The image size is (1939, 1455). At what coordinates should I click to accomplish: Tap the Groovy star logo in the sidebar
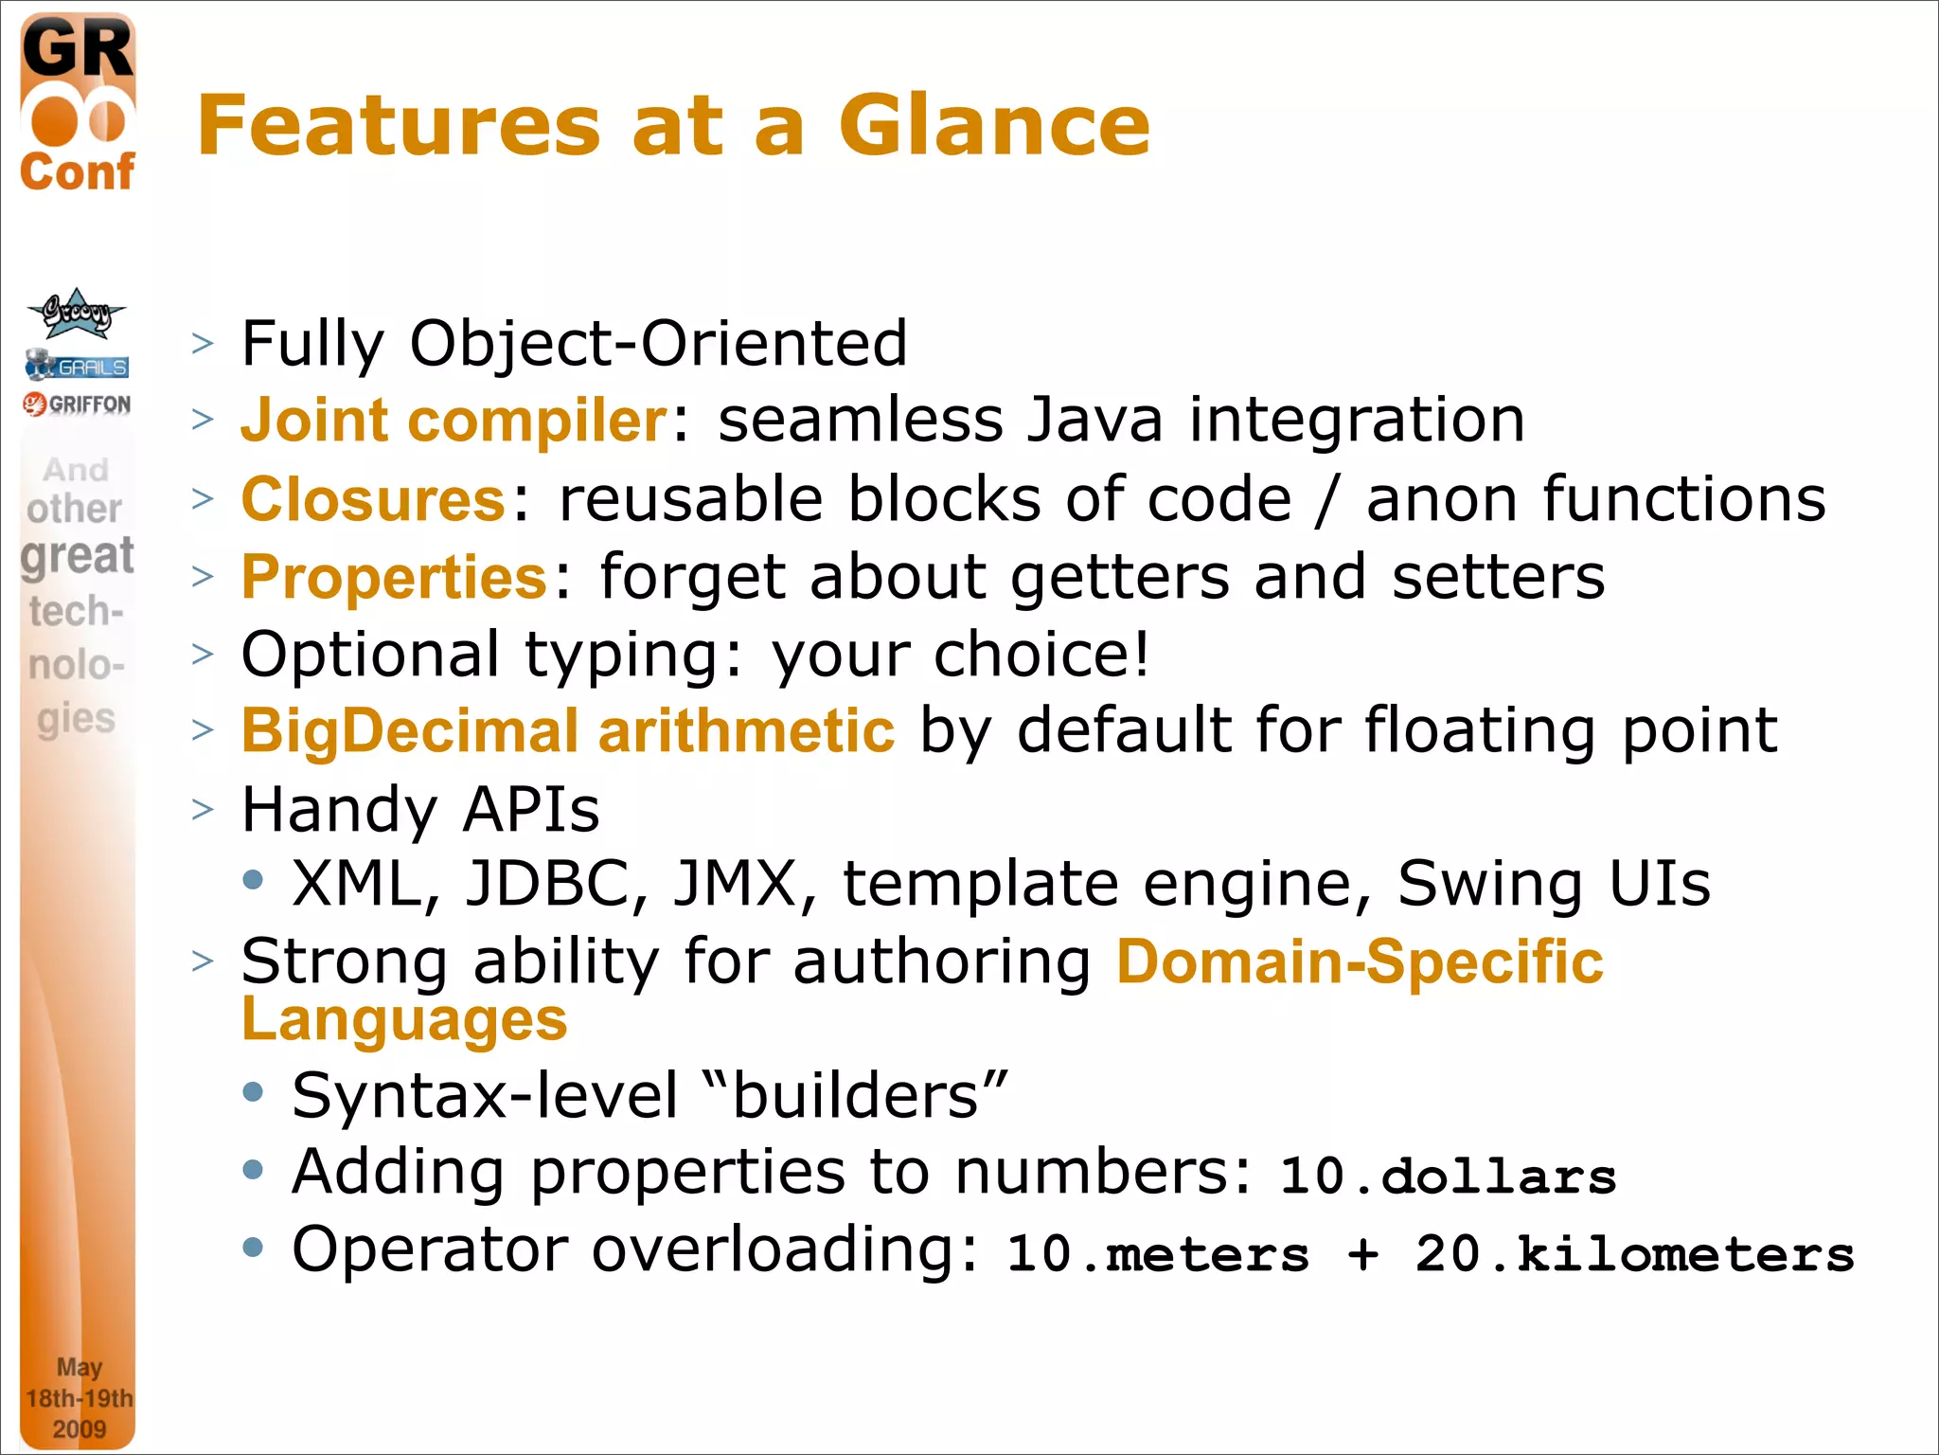(76, 314)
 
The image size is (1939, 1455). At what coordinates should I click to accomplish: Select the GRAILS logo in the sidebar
(78, 366)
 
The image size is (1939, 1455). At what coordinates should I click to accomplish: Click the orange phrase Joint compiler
(454, 420)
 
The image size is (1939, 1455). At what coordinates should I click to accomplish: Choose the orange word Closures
(373, 499)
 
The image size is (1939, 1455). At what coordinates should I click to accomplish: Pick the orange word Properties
(394, 577)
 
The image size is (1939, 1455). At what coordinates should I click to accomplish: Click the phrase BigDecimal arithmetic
(568, 731)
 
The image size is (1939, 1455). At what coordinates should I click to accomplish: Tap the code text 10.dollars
(1448, 1177)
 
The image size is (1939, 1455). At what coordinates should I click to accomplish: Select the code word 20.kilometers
(1634, 1254)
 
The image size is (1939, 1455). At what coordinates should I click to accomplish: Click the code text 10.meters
(1158, 1254)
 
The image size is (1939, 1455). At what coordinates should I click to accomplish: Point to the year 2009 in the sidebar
(79, 1428)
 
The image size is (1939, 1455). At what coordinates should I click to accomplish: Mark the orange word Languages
(404, 1020)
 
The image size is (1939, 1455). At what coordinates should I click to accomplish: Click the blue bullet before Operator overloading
(253, 1248)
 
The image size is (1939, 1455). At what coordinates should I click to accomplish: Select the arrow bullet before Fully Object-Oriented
(203, 343)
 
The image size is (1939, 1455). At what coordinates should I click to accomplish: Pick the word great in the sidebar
(78, 556)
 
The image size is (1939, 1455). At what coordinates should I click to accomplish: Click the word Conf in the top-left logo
(78, 172)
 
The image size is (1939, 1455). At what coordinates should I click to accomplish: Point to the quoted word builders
(856, 1096)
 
